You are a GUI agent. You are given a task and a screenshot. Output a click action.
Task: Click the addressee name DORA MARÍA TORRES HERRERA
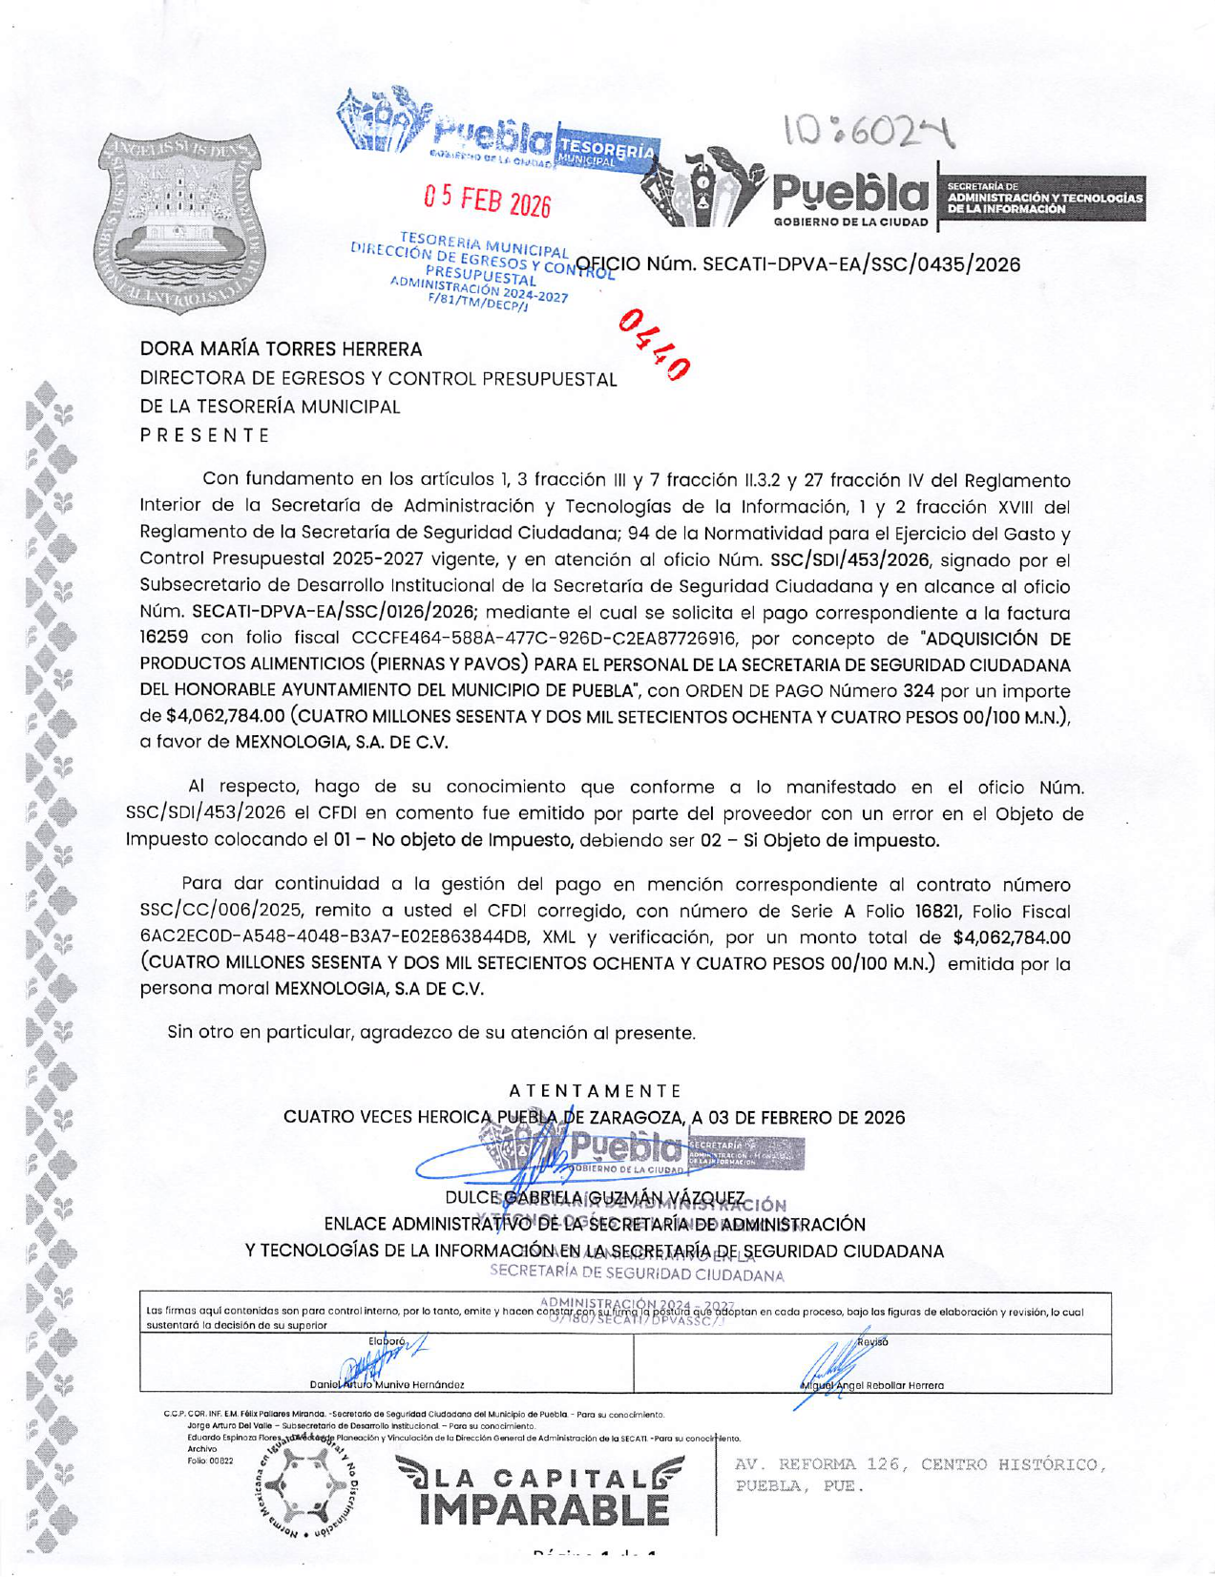coord(281,349)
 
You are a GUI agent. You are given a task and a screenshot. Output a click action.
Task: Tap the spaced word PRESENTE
coord(204,435)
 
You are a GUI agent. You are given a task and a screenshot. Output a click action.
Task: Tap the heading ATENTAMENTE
coord(595,1090)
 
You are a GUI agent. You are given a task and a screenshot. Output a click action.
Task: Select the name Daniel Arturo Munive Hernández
coord(388,1384)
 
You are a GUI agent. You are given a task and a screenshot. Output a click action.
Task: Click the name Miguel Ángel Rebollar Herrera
coord(871,1384)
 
